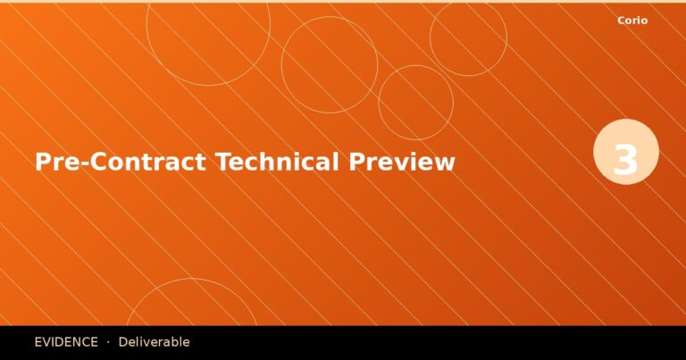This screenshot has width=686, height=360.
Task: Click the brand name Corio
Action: (632, 21)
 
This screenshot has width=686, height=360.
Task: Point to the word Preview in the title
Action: (402, 163)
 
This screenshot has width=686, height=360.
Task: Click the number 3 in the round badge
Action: (626, 160)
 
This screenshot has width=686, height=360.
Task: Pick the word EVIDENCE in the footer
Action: (66, 342)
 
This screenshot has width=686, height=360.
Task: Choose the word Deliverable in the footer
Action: (154, 342)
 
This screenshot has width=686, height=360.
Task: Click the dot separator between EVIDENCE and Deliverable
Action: (108, 342)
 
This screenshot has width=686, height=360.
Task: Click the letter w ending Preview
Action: (446, 164)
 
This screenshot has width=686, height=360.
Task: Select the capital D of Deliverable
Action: (123, 342)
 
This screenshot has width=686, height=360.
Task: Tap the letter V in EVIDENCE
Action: (47, 342)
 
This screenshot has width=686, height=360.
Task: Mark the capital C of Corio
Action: (621, 21)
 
